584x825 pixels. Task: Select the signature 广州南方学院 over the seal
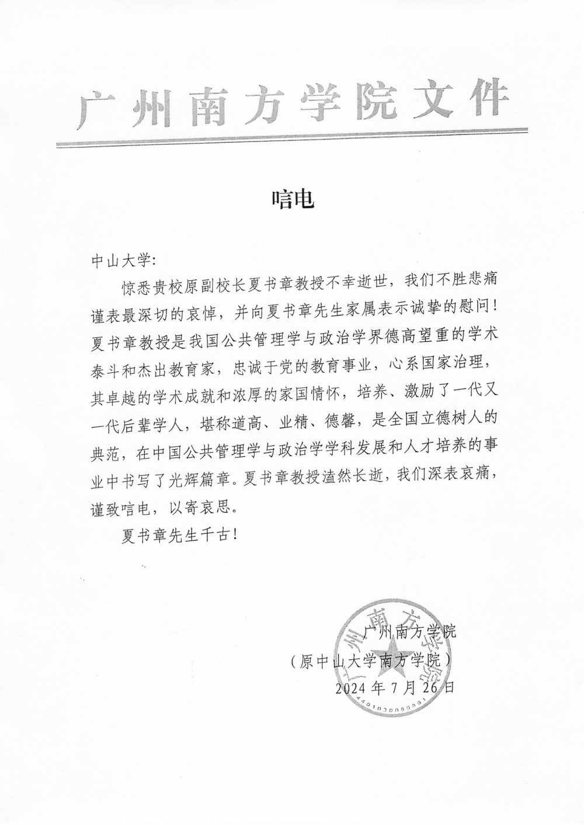409,632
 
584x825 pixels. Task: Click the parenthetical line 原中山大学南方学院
371,660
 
